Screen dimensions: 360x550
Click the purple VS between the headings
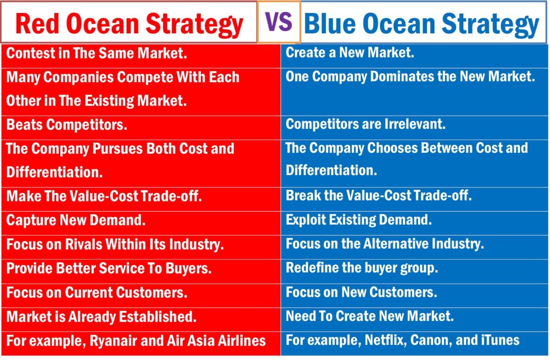point(279,22)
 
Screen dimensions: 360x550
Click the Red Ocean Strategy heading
point(129,24)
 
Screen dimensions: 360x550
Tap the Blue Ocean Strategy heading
point(421,24)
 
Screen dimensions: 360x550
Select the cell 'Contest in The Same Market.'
point(97,54)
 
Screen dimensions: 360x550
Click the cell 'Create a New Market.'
point(350,53)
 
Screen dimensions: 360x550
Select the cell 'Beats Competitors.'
point(66,125)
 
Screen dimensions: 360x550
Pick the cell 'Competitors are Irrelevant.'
point(365,124)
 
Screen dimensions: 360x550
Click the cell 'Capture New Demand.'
point(76,221)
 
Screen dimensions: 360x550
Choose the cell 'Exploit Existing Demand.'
point(358,220)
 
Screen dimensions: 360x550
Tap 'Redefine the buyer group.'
point(362,268)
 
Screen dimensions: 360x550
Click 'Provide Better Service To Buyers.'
point(109,269)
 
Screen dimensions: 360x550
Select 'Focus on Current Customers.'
point(96,293)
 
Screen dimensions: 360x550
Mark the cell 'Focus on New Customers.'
point(361,292)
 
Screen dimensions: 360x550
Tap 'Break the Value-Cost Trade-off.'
point(379,196)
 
